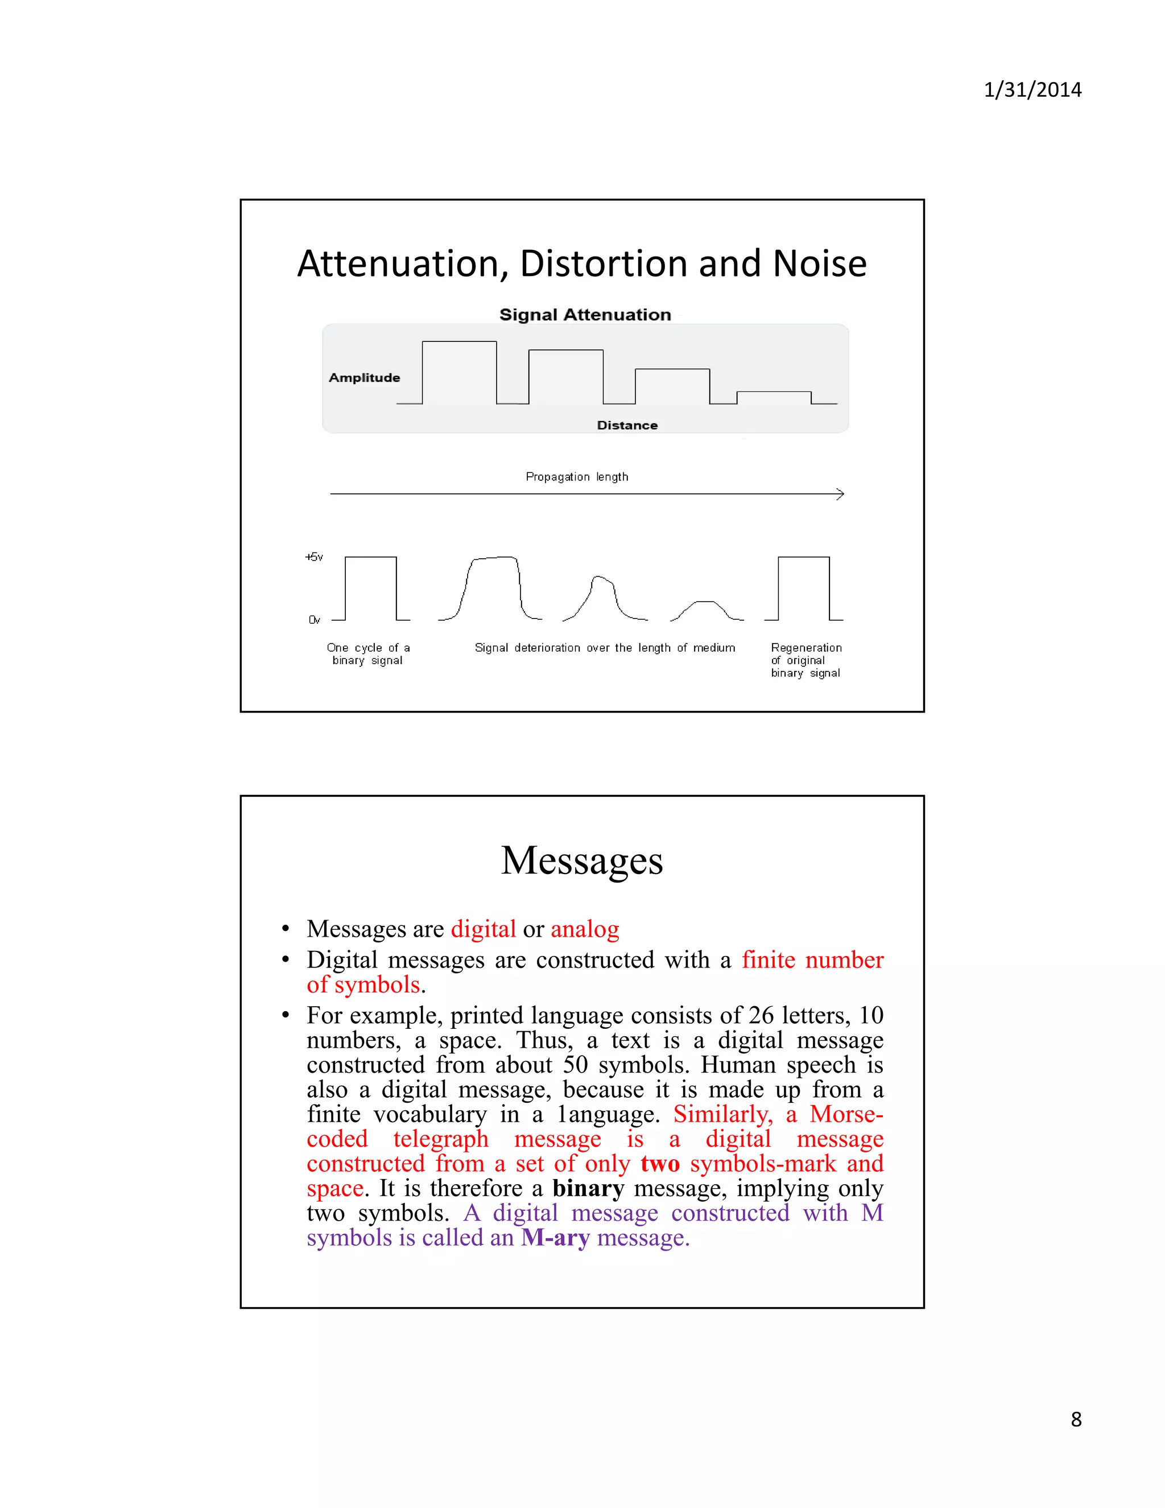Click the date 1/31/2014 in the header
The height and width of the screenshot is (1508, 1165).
[x=1032, y=90]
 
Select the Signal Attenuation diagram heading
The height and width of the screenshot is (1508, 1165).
[x=585, y=315]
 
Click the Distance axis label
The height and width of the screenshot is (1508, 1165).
[x=627, y=425]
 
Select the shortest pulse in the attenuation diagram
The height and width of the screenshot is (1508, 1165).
[x=774, y=397]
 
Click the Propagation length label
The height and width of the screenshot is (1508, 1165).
[x=576, y=476]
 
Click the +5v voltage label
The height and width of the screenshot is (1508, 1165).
[x=314, y=557]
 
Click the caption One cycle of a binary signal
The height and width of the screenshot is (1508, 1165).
[x=368, y=654]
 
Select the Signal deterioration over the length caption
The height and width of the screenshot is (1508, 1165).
[x=605, y=648]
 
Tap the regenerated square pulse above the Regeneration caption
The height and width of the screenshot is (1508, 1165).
[x=803, y=588]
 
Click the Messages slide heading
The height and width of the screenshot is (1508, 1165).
[x=582, y=860]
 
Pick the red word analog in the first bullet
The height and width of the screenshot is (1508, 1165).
[x=585, y=929]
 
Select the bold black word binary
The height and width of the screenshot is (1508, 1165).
[x=588, y=1188]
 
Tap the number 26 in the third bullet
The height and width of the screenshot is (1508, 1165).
[x=761, y=1016]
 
